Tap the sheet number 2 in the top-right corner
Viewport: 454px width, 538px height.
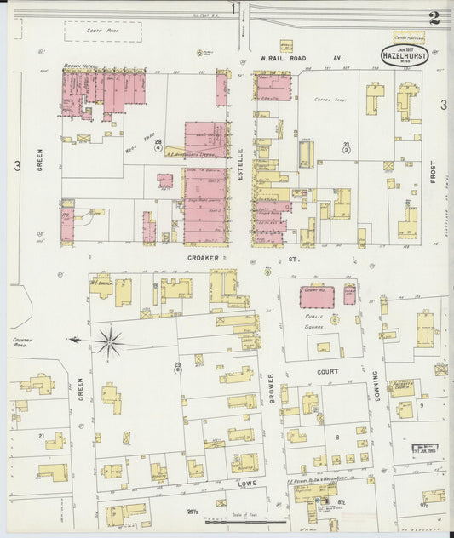pos(434,17)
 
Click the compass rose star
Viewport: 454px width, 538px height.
pos(109,342)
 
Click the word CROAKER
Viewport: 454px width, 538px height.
pos(204,257)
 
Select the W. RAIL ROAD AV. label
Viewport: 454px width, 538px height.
pos(301,58)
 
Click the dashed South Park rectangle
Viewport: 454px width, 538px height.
pos(102,31)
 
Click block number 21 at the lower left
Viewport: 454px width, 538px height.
pos(41,436)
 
